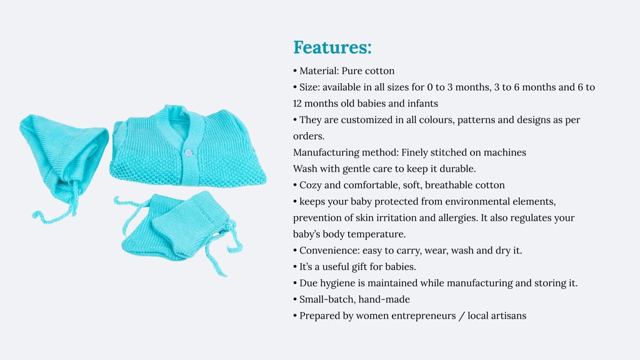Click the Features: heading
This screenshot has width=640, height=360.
332,47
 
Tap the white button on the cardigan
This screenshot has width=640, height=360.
188,152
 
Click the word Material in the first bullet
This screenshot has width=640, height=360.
318,71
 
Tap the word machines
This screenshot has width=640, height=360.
507,152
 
